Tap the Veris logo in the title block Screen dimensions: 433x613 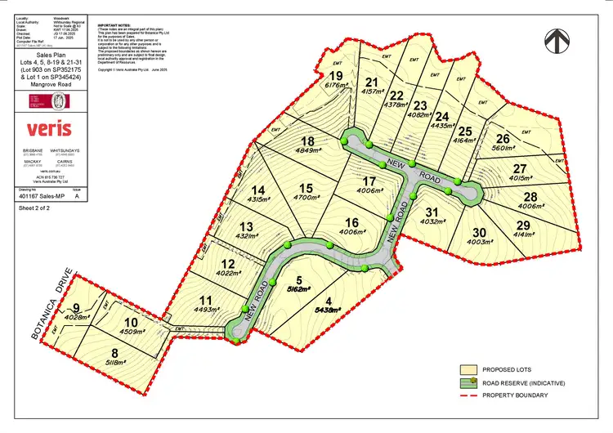point(48,129)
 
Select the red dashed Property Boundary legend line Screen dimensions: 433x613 point(471,395)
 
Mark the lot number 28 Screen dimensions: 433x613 point(532,197)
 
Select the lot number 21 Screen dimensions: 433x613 point(373,83)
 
